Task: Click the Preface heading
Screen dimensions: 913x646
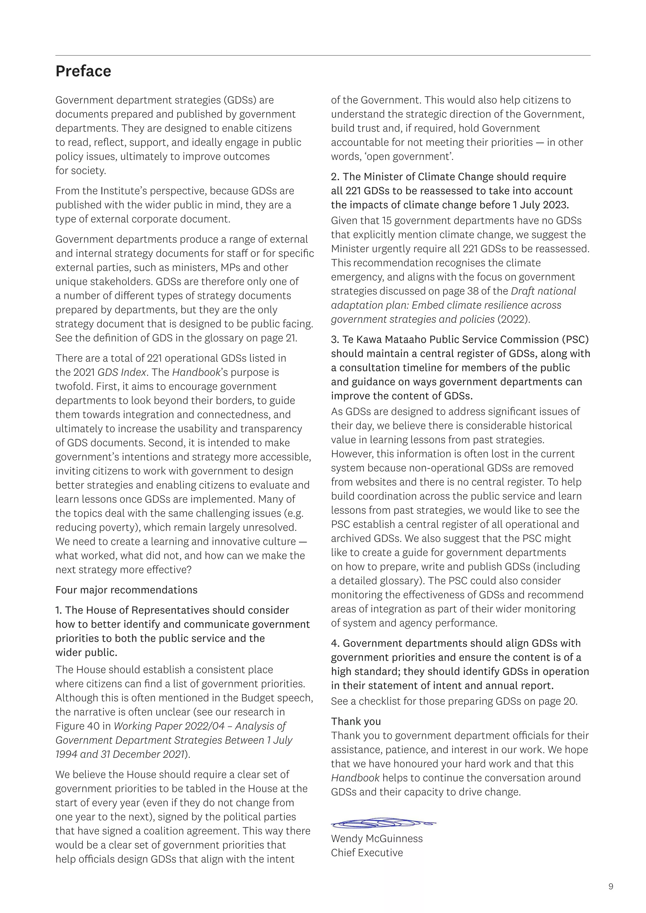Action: pos(83,72)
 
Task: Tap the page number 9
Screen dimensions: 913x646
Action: pos(611,886)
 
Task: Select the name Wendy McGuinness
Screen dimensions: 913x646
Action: pos(377,838)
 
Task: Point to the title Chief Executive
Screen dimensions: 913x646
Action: pos(367,852)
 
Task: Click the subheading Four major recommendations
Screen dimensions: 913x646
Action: pos(126,590)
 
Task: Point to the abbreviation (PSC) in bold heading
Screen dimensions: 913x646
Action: pos(575,340)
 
